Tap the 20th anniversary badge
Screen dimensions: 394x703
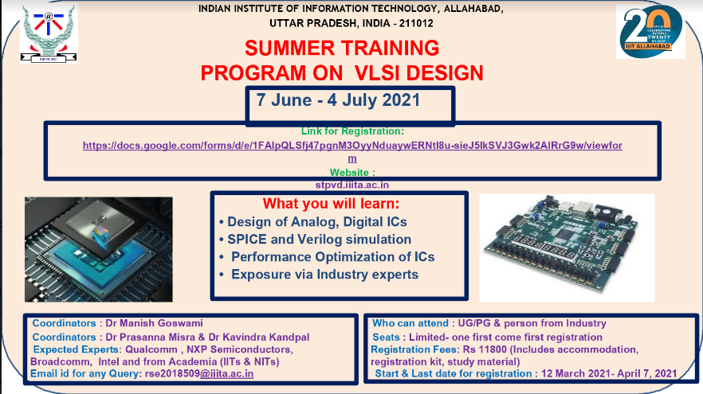coord(650,32)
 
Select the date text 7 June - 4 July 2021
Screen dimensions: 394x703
coord(338,101)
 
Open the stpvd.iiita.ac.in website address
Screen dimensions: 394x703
coord(352,183)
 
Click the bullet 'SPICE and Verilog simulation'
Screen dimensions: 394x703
coord(315,239)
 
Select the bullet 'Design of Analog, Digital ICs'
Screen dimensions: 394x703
coord(317,221)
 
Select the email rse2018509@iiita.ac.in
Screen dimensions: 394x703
coord(198,373)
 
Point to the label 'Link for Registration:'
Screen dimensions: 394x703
coord(352,131)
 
